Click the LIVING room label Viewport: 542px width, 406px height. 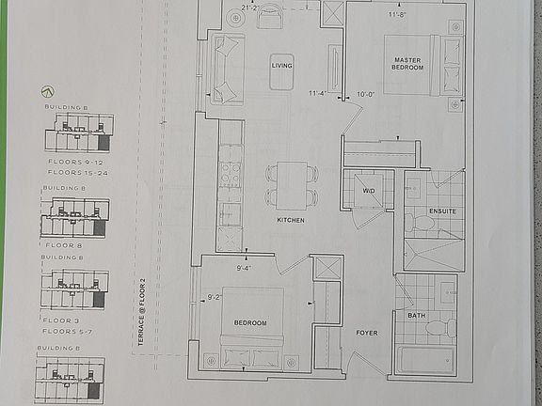[x=281, y=66]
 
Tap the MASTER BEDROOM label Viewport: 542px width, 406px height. [x=407, y=63]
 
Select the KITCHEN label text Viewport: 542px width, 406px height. [x=290, y=220]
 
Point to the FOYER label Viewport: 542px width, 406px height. [x=366, y=333]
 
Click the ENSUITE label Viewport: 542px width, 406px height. [x=441, y=211]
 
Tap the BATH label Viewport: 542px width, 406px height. [x=416, y=315]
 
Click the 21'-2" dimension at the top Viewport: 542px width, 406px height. [x=249, y=8]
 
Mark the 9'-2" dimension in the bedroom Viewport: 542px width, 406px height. [x=215, y=300]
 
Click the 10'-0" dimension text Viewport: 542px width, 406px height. [x=365, y=93]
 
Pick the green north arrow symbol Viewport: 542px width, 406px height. [x=48, y=92]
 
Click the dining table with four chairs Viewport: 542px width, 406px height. [x=292, y=183]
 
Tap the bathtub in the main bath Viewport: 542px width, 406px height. [x=423, y=362]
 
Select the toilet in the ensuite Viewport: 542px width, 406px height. [x=420, y=223]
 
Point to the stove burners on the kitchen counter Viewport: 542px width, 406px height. [x=230, y=174]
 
